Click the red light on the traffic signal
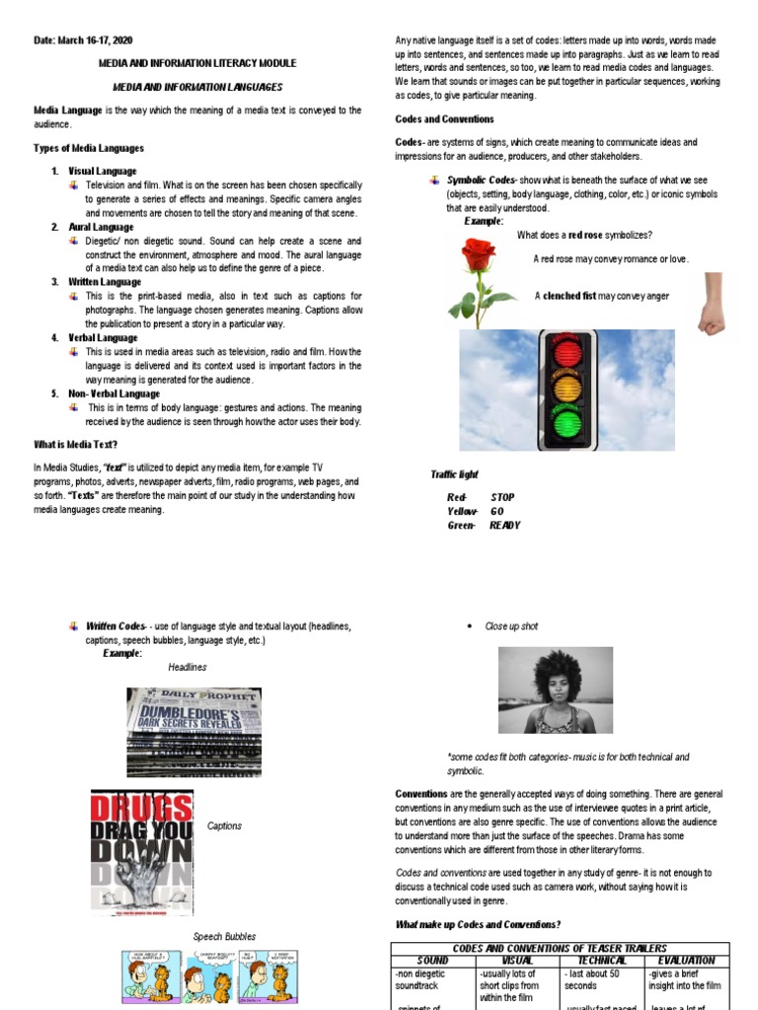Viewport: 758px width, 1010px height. pyautogui.click(x=567, y=354)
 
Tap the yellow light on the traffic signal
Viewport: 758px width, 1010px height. pyautogui.click(x=567, y=389)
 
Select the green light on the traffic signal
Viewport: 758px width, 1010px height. pyautogui.click(x=567, y=423)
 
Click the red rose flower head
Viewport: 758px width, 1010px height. pyautogui.click(x=478, y=257)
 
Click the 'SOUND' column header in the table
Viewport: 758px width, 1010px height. pyautogui.click(x=432, y=960)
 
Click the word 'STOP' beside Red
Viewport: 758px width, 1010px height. pyautogui.click(x=501, y=498)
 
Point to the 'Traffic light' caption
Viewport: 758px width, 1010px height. pyautogui.click(x=454, y=474)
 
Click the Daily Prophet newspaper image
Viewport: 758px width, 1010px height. pyautogui.click(x=193, y=733)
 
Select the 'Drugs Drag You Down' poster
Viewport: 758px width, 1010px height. pyautogui.click(x=142, y=839)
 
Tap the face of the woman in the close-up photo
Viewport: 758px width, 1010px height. pyautogui.click(x=555, y=695)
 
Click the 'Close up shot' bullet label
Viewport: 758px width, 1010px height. pyautogui.click(x=511, y=626)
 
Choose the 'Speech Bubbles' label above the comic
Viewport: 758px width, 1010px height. pyautogui.click(x=224, y=936)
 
